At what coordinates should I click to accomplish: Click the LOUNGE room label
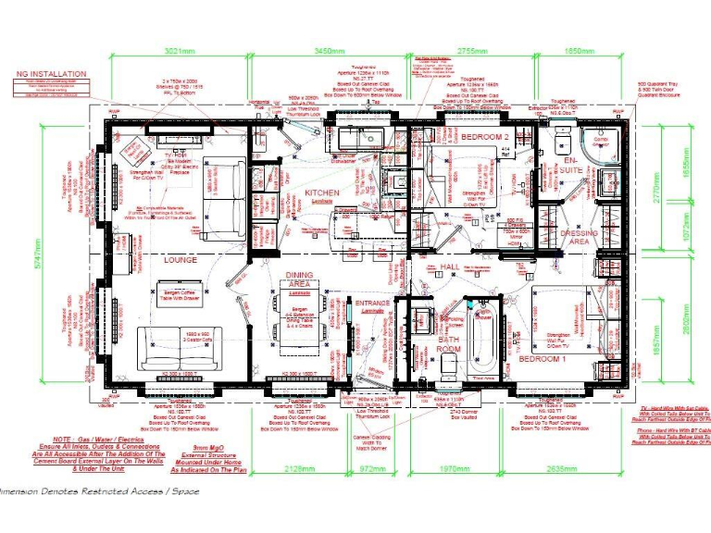[181, 260]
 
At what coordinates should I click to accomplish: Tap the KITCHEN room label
[322, 192]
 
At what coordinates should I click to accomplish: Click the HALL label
[450, 266]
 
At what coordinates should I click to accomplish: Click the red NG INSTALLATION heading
[52, 73]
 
